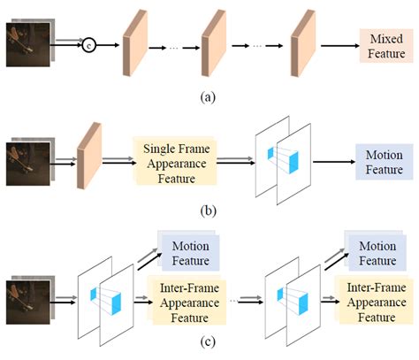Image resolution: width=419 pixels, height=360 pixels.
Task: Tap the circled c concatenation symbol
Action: point(88,44)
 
